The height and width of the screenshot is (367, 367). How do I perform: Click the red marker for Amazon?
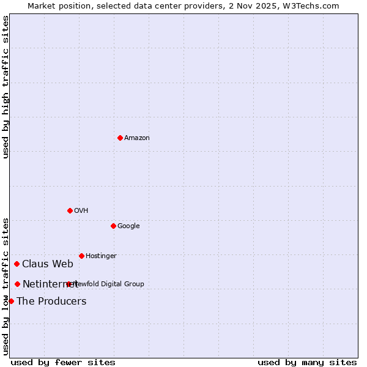120,138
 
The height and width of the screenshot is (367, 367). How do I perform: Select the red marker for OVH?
70,210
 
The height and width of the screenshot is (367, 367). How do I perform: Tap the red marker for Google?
113,226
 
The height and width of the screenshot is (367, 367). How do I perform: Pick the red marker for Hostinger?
81,256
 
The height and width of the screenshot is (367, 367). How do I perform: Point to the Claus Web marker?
17,264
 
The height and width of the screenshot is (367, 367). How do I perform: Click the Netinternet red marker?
17,284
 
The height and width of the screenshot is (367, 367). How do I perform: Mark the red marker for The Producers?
11,301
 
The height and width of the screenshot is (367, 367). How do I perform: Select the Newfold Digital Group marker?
69,284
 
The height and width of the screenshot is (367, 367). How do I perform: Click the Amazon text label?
137,138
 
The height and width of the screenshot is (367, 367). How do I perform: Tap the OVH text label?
81,211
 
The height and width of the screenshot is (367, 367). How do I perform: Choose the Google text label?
128,226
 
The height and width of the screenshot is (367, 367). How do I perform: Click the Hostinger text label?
101,256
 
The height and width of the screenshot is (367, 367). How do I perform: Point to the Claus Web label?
48,264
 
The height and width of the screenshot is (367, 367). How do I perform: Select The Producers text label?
51,302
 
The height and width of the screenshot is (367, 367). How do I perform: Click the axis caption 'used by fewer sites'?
63,363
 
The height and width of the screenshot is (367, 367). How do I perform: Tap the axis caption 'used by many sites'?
307,363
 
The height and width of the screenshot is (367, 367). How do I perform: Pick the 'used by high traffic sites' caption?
6,87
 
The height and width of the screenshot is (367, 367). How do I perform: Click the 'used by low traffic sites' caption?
6,286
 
